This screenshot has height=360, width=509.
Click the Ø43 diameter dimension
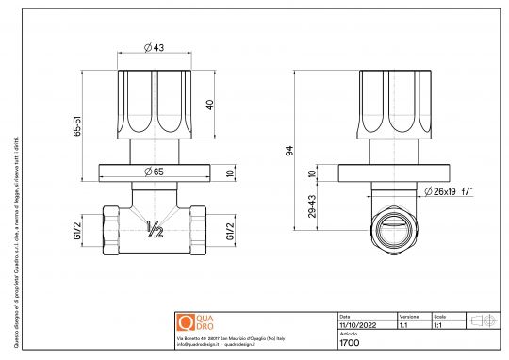click(154, 48)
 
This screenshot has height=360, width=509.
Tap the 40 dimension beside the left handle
click(210, 104)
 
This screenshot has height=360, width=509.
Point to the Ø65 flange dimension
click(154, 171)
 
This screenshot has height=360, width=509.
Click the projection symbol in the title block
click(483, 320)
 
